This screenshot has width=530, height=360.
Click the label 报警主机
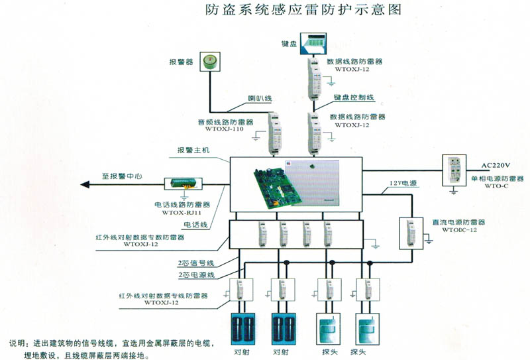(193, 150)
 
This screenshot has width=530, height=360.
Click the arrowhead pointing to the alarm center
(84, 184)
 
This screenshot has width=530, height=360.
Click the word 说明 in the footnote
(18, 343)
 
